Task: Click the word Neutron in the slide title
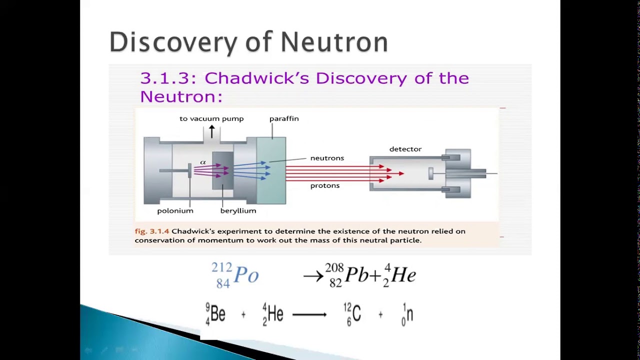334,42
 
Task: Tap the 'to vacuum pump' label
211,119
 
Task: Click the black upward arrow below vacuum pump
211,131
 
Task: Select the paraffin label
284,119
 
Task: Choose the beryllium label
238,211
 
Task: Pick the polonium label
175,211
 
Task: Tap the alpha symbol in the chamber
203,162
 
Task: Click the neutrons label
327,158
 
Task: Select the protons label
325,185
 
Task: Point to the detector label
405,149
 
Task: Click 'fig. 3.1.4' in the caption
152,231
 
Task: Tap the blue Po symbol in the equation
246,275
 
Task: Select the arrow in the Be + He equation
309,315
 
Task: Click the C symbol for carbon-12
356,314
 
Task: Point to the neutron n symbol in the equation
409,315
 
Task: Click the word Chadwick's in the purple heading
257,78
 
